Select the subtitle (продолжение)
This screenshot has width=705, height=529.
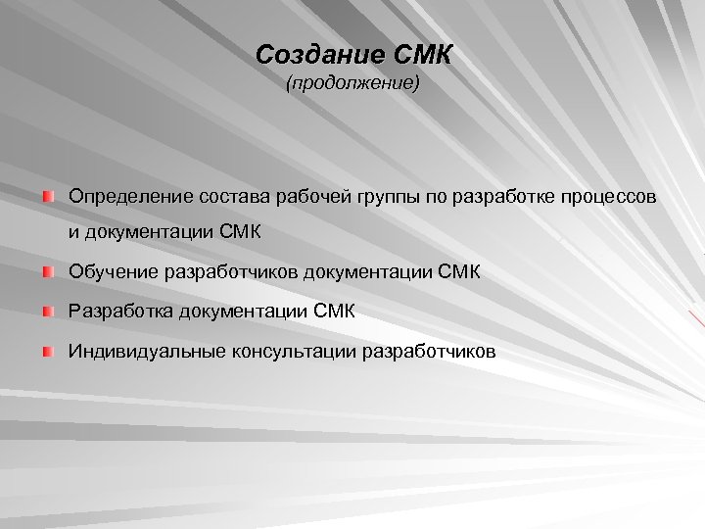pos(352,85)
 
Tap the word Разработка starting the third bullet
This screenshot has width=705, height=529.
pos(120,312)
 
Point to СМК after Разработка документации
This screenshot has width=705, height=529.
pos(335,312)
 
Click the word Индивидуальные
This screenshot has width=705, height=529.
pos(147,351)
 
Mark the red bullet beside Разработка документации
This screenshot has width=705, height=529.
pos(49,311)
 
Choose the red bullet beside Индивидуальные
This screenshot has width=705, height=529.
pos(49,350)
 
